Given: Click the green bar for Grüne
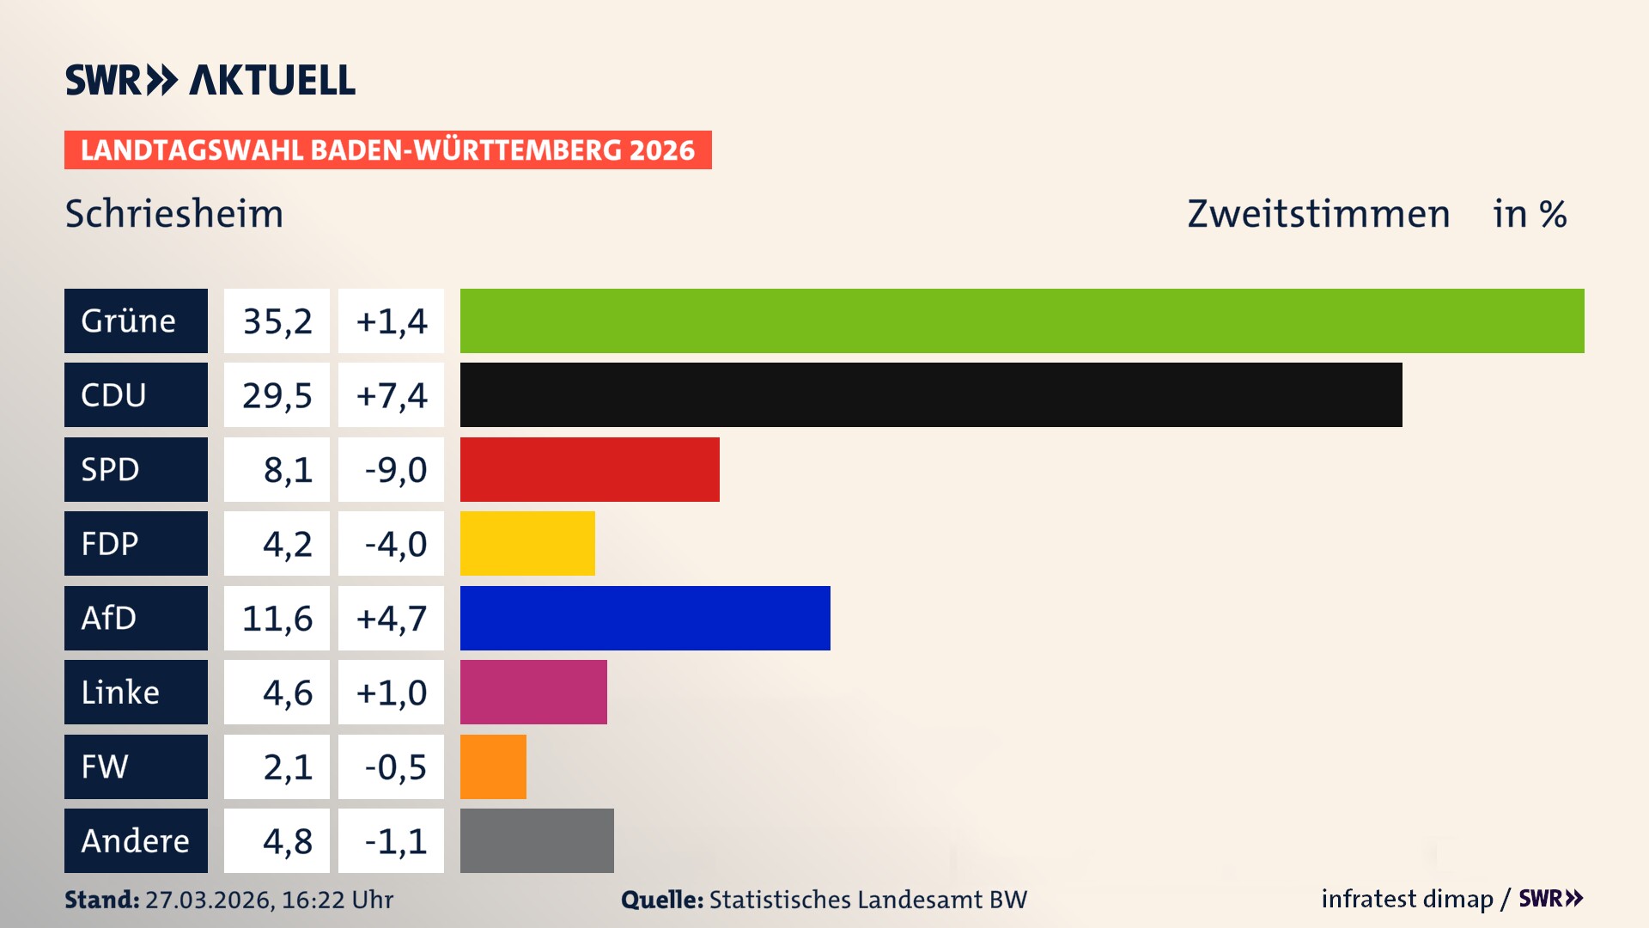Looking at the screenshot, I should click(x=1022, y=321).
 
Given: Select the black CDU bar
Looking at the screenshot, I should click(x=931, y=394).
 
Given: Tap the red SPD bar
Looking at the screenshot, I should click(x=589, y=469).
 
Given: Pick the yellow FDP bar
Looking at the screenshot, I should click(x=527, y=543).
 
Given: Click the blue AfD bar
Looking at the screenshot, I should click(x=645, y=618).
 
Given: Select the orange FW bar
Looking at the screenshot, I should click(x=493, y=766).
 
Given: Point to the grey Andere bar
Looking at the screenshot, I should click(x=537, y=840).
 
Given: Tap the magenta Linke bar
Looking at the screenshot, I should click(x=533, y=692).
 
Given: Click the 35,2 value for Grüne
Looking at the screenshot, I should click(x=277, y=321).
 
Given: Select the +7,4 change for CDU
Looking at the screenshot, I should click(x=392, y=395).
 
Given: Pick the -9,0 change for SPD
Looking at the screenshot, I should click(x=395, y=470).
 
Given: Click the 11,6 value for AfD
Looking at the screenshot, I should click(x=277, y=619).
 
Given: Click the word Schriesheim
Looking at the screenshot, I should click(x=174, y=214).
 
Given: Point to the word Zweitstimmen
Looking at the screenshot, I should click(x=1318, y=214).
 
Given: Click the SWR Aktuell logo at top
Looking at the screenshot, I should click(x=210, y=80).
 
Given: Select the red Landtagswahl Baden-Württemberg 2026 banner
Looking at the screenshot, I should click(x=387, y=150).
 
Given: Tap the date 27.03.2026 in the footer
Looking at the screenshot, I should click(x=209, y=900).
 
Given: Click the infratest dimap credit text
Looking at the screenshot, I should click(x=1407, y=899).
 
